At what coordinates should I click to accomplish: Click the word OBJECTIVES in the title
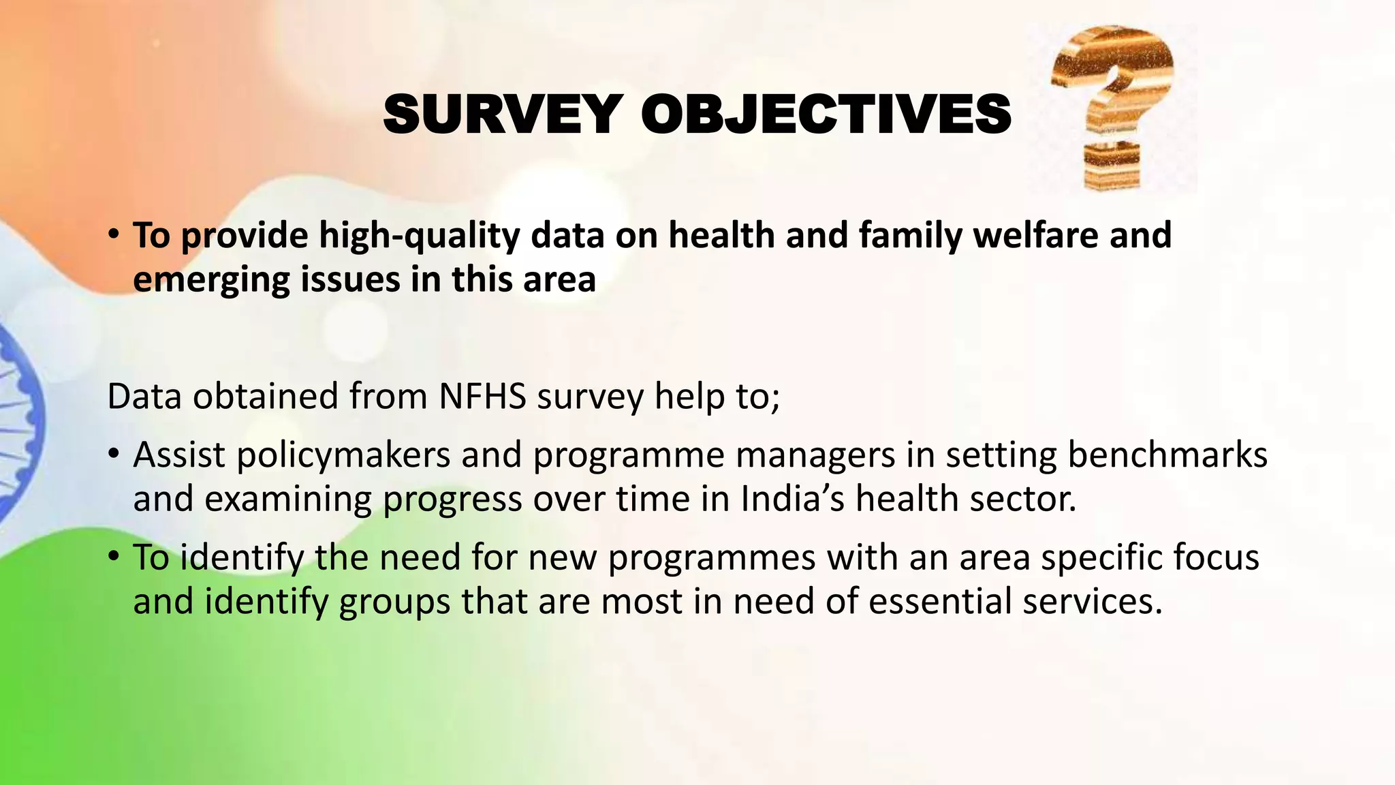point(826,114)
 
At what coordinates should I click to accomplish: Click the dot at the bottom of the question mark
point(1111,166)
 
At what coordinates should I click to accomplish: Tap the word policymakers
point(343,455)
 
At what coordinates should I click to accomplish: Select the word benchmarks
point(1167,455)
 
